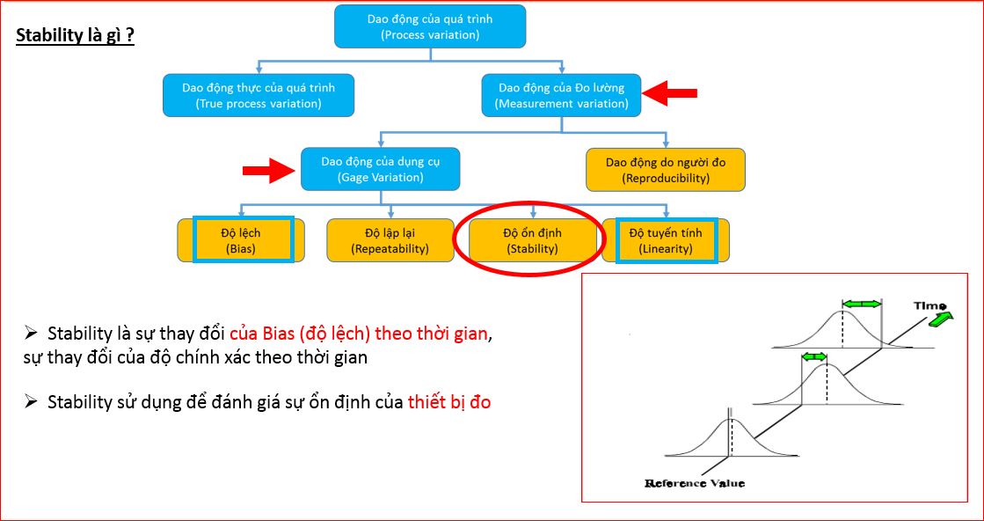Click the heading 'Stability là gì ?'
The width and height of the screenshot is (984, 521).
76,37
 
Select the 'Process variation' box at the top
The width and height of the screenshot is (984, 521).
430,26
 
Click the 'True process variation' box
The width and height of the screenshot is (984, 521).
259,95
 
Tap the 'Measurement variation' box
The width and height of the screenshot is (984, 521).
562,95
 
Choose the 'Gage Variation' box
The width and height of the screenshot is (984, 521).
380,169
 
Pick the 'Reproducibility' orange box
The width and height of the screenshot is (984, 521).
666,170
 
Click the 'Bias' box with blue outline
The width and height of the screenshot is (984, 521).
244,240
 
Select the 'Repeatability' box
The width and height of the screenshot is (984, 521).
390,240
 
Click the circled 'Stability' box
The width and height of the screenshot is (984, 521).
532,240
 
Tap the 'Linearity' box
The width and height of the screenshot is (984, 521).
667,240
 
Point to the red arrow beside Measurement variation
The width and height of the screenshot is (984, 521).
670,92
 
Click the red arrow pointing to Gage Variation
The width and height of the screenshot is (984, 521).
269,170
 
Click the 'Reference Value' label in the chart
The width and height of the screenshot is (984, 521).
695,483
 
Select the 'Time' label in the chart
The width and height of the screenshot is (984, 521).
930,305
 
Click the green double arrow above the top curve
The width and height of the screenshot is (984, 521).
862,304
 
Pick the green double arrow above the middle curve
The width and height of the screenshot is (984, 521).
814,356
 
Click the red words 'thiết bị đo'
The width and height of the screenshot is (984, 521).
449,402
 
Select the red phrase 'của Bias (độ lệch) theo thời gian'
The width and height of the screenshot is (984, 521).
358,334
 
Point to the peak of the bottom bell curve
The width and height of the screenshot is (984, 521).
729,419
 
